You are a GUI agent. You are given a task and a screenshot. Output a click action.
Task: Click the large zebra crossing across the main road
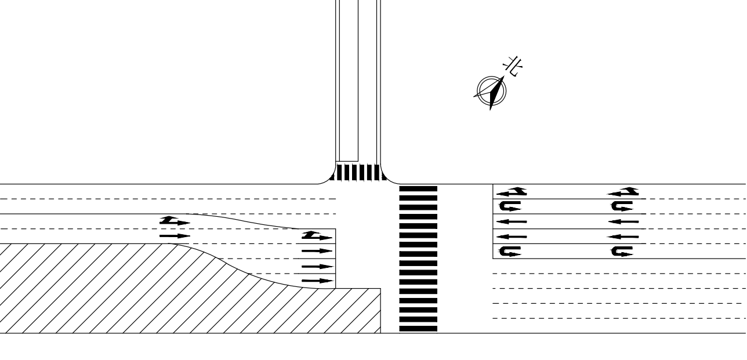[x=418, y=259]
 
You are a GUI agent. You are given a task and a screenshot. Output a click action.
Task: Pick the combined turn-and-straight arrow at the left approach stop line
[x=317, y=236]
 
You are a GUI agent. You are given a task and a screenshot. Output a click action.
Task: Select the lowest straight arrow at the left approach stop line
[x=318, y=281]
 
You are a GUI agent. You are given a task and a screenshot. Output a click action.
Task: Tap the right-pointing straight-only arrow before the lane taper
[x=175, y=236]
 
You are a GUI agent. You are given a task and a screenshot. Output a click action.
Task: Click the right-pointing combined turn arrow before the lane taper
[x=175, y=221]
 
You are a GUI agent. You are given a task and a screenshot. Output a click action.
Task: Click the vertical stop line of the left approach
[x=336, y=258]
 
